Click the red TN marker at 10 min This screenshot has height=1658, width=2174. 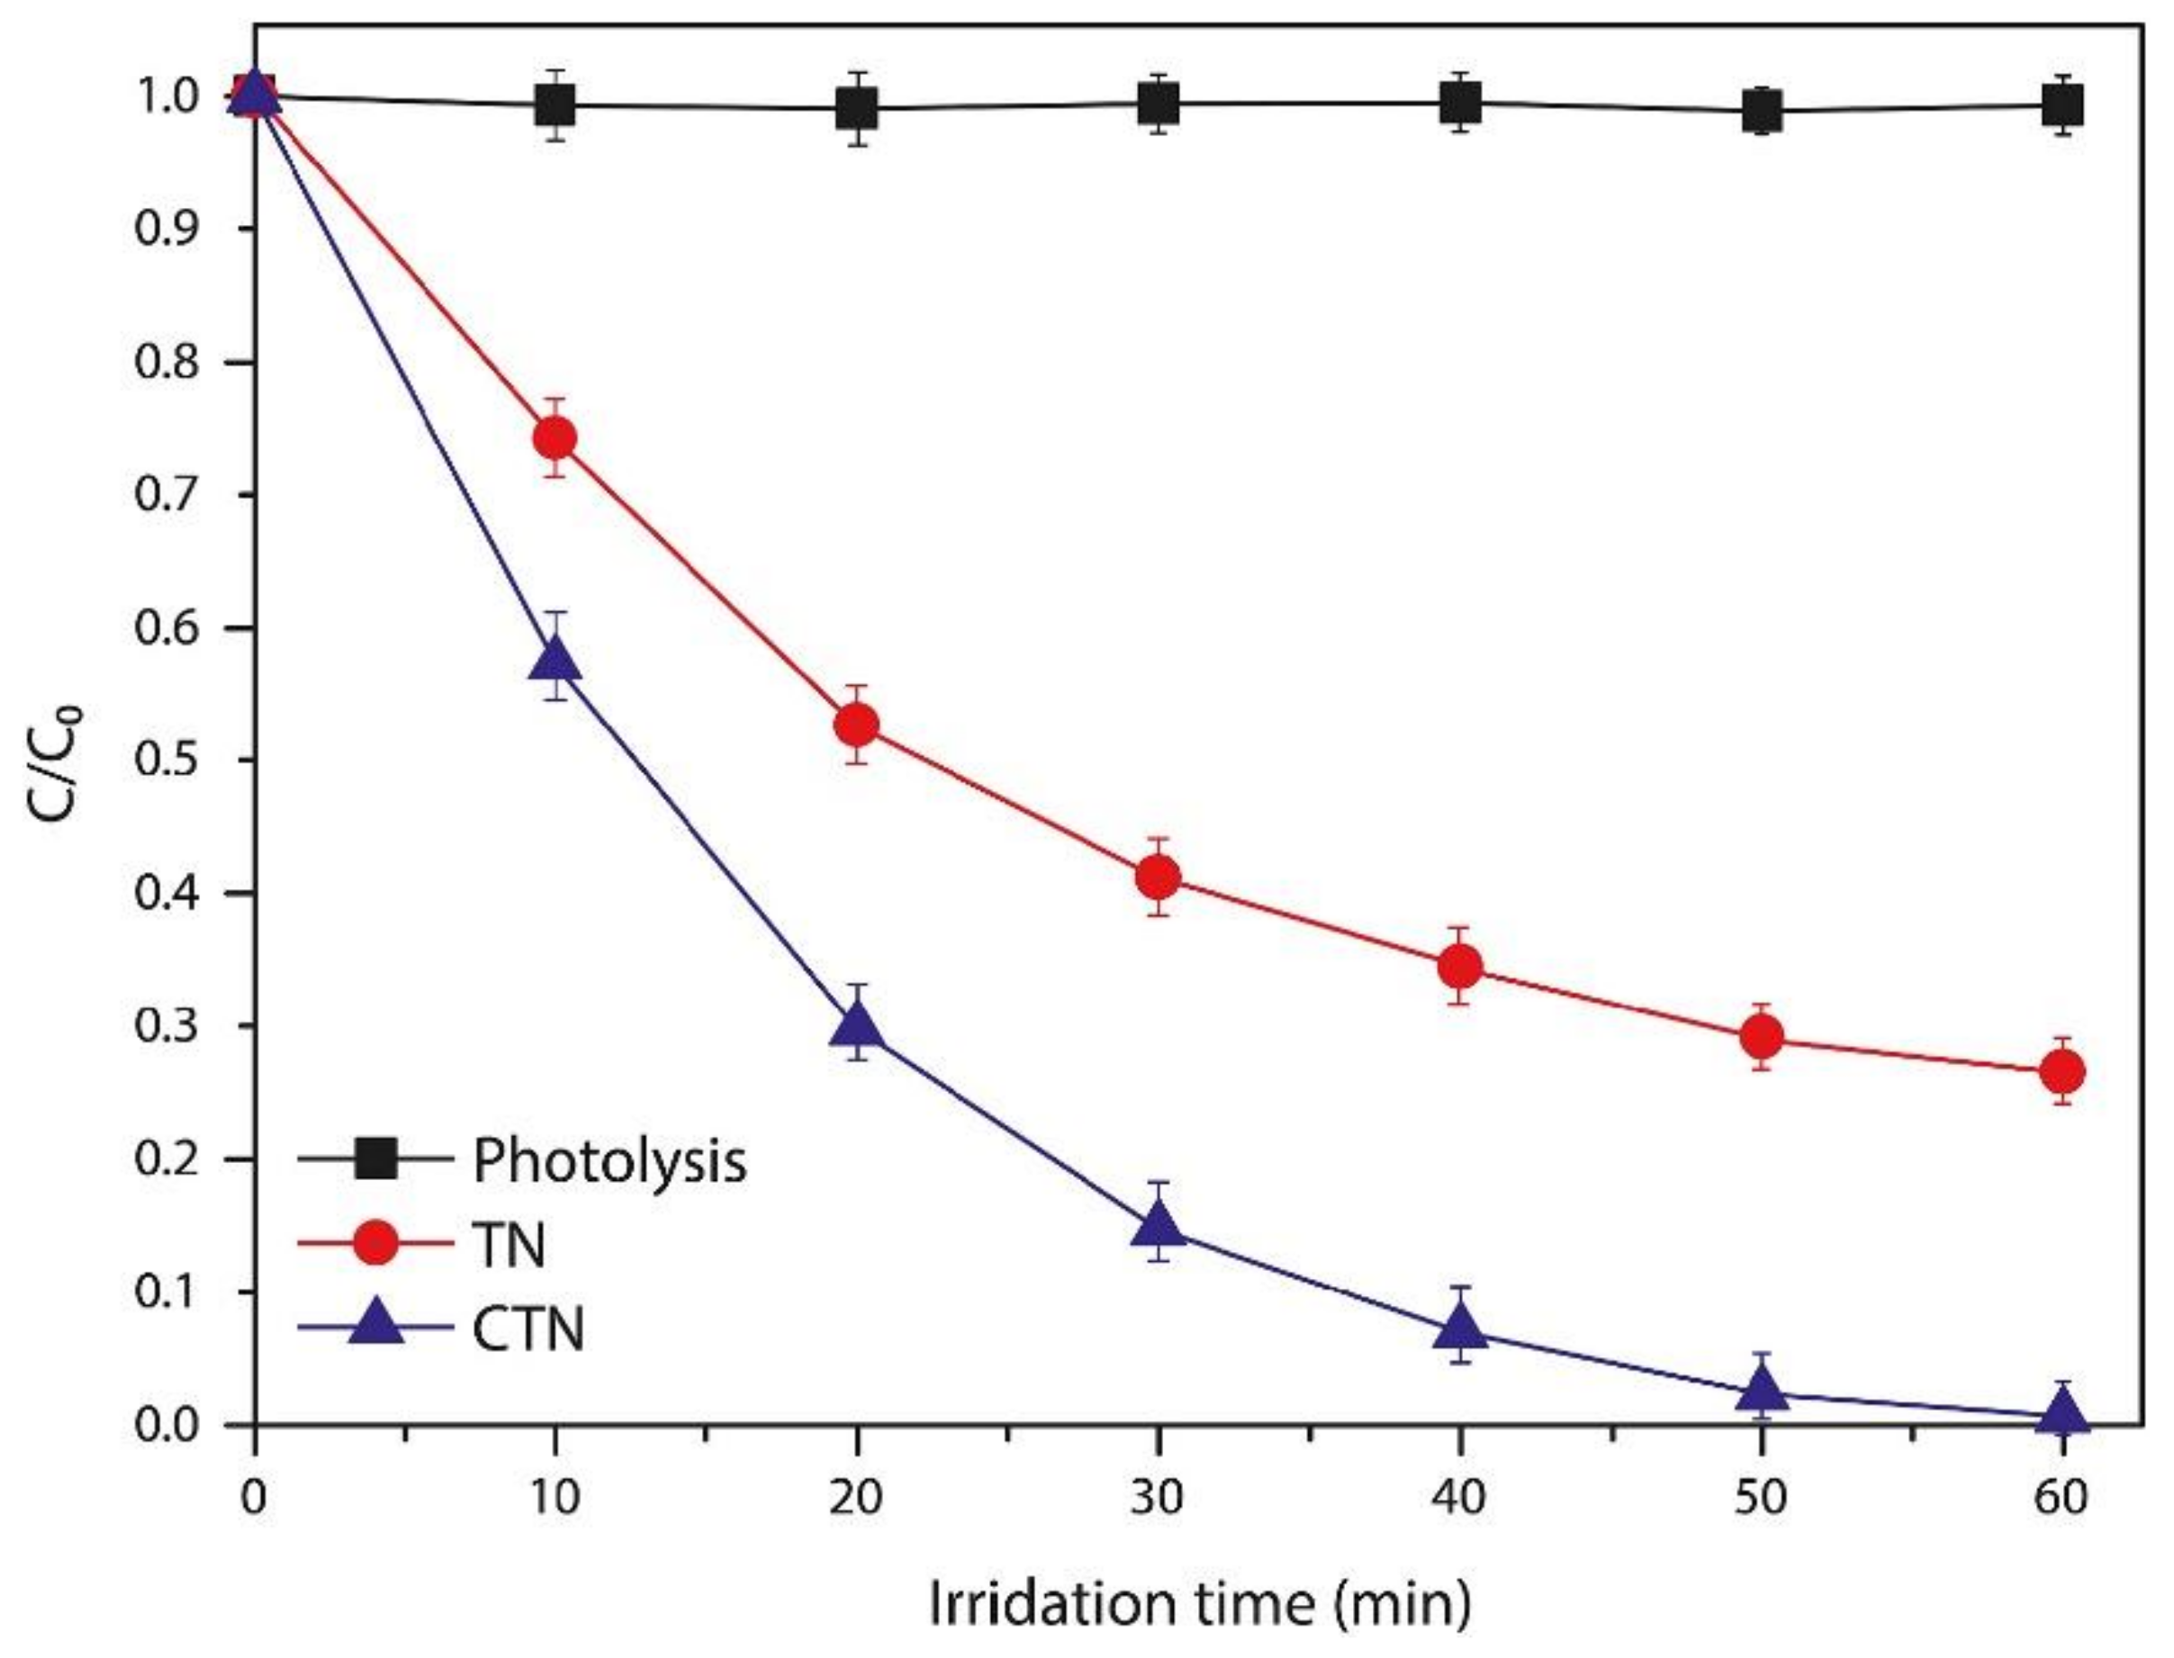tap(555, 437)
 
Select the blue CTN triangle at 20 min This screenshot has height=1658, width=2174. tap(857, 1027)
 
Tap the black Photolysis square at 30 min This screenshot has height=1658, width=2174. tap(1159, 102)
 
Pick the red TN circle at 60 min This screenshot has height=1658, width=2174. tap(2063, 1071)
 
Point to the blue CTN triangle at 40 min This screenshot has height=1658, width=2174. tap(1460, 1329)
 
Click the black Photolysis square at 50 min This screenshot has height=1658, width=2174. tap(1762, 111)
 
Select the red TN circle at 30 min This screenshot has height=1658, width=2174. tap(1159, 877)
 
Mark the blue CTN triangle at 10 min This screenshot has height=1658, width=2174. tap(555, 658)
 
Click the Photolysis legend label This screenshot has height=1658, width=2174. tap(609, 1160)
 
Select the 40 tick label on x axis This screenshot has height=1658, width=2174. tap(1459, 1498)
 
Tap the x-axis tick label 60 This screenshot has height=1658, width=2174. tap(2062, 1498)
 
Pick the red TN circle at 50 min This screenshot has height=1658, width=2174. tap(1762, 1036)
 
